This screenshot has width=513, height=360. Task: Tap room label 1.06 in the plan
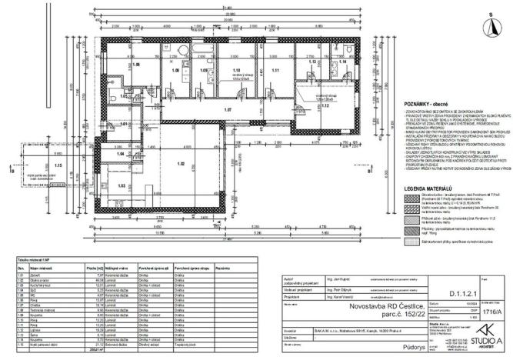tap(137, 65)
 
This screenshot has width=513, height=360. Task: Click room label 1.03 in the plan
tap(122, 186)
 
